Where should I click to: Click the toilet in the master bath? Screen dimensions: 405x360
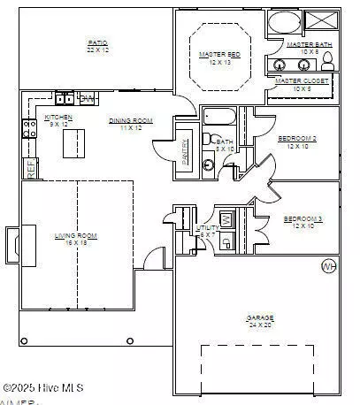(x=326, y=60)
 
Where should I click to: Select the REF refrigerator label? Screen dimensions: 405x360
(x=32, y=169)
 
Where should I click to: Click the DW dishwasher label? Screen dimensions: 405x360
(x=87, y=97)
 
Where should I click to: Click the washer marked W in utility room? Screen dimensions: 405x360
(x=226, y=218)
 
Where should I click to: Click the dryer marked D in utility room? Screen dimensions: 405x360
(x=226, y=241)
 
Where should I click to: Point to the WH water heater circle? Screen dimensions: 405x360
(x=328, y=265)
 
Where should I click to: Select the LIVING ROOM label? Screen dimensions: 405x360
(x=76, y=236)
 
